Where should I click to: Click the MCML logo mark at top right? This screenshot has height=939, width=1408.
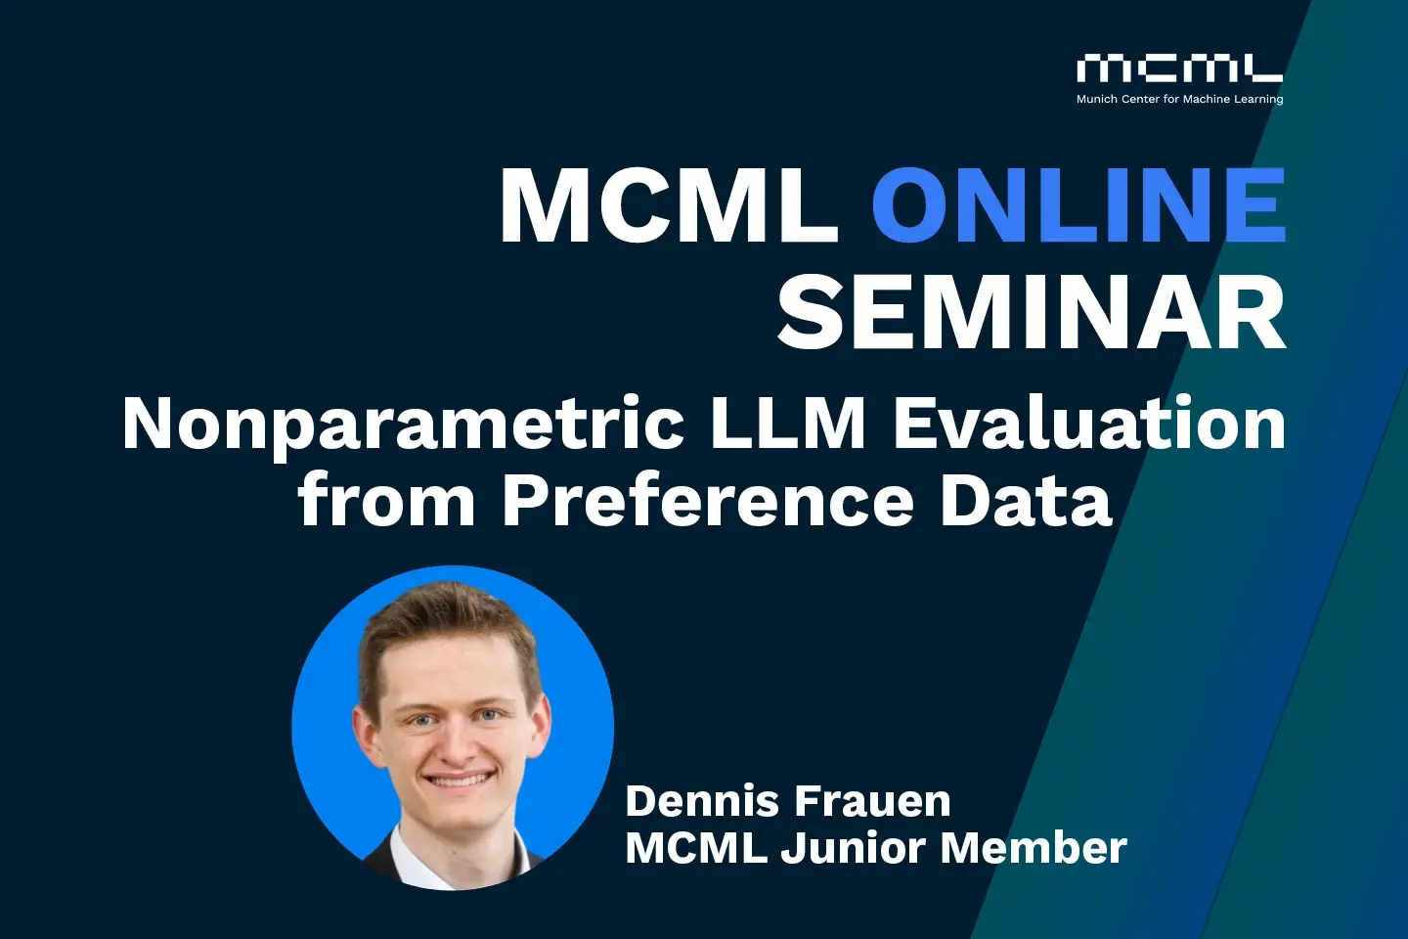pyautogui.click(x=1179, y=68)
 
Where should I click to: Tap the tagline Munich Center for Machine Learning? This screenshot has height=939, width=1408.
pyautogui.click(x=1179, y=99)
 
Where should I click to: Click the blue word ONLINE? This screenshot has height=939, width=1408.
pyautogui.click(x=1078, y=205)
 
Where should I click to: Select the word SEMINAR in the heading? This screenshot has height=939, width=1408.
pyautogui.click(x=1032, y=312)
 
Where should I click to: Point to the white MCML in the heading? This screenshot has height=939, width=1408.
pyautogui.click(x=669, y=205)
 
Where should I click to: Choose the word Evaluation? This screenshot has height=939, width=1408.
pyautogui.click(x=1089, y=425)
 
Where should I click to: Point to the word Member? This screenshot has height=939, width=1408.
pyautogui.click(x=1034, y=848)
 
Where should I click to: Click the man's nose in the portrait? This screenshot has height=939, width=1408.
pyautogui.click(x=452, y=743)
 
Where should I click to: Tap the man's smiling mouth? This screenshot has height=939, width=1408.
pyautogui.click(x=457, y=781)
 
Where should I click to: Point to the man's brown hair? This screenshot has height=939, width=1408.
pyautogui.click(x=445, y=616)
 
